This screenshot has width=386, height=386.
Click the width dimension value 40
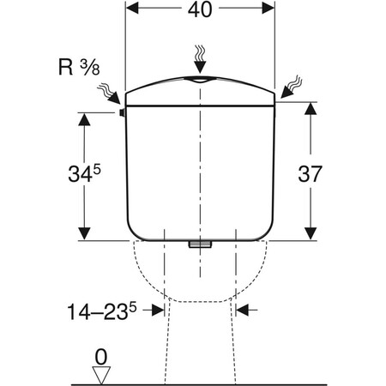point(200,9)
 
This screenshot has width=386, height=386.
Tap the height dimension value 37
point(310,174)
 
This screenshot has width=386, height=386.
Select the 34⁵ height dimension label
point(84,174)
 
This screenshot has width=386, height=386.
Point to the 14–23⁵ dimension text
point(102,311)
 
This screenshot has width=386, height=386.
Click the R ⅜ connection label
point(79,67)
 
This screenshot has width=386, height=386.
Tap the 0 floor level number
point(101,357)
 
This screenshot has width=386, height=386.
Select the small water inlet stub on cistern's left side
point(122,113)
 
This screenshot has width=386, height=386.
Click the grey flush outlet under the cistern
point(200,244)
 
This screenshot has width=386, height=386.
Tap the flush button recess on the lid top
point(200,80)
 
